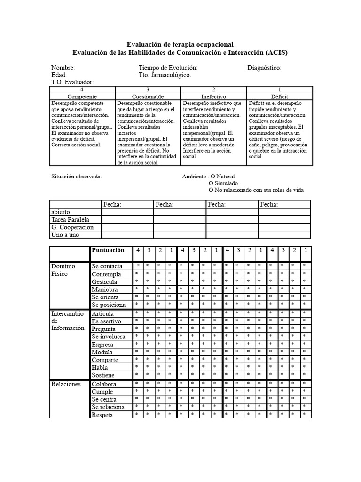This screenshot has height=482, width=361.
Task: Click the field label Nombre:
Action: pyautogui.click(x=63, y=68)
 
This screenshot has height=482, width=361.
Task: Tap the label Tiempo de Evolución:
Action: pyautogui.click(x=168, y=68)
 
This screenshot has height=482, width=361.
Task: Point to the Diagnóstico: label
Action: pyautogui.click(x=264, y=68)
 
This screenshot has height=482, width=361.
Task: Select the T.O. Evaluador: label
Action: pyautogui.click(x=72, y=82)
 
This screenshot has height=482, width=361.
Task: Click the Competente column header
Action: pyautogui.click(x=82, y=96)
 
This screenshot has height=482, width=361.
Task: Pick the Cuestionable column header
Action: pyautogui.click(x=148, y=96)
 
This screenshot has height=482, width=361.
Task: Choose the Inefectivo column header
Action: pyautogui.click(x=213, y=96)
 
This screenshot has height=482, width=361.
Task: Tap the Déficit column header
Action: pyautogui.click(x=279, y=96)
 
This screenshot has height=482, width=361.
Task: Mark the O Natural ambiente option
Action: pyautogui.click(x=222, y=176)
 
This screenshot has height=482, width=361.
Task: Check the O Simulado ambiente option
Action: pyautogui.click(x=223, y=183)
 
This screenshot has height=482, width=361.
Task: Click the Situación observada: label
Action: pyautogui.click(x=76, y=176)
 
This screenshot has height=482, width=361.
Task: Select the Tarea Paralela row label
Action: pyautogui.click(x=70, y=220)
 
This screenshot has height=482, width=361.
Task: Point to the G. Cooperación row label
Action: pyautogui.click(x=72, y=227)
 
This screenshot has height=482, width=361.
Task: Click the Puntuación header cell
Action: pyautogui.click(x=109, y=250)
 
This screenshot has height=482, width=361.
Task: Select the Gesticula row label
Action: pyautogui.click(x=105, y=281)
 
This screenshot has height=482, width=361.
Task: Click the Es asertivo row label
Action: pyautogui.click(x=106, y=321)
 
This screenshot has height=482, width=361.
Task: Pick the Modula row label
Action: pyautogui.click(x=102, y=352)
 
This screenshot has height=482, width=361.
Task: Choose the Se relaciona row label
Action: pyautogui.click(x=108, y=407)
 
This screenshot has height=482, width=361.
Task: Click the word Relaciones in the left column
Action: pyautogui.click(x=66, y=384)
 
